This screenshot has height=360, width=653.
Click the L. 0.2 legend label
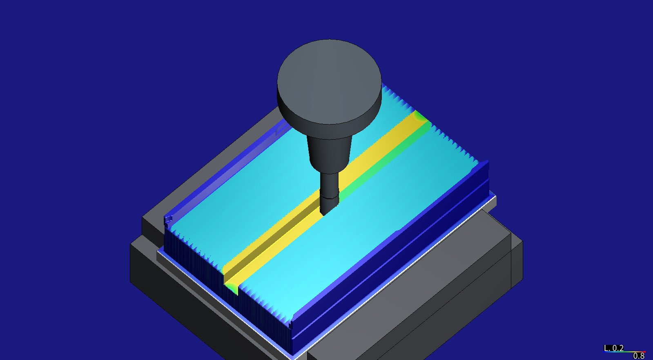click(613, 348)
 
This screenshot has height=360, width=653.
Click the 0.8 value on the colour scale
click(638, 356)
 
